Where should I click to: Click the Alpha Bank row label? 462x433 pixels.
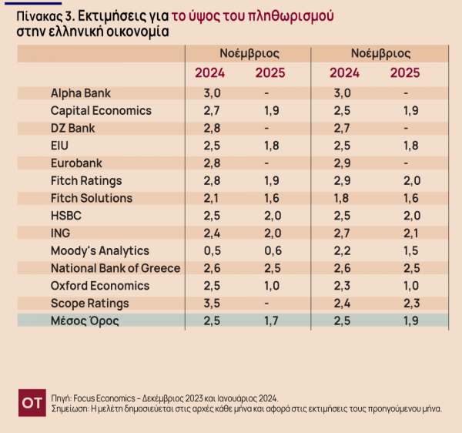coord(80,93)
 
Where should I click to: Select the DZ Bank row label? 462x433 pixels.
coord(73,129)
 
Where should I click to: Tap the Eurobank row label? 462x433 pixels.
coord(76,163)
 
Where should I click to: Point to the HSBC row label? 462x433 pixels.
coord(66,216)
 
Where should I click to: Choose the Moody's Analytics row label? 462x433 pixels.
coord(100,251)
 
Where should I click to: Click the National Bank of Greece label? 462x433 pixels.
coord(115,268)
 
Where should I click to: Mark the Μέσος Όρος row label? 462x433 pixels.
coord(85,321)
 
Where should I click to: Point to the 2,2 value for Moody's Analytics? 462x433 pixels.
coord(343,251)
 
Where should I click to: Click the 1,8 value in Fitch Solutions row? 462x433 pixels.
coord(343,199)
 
